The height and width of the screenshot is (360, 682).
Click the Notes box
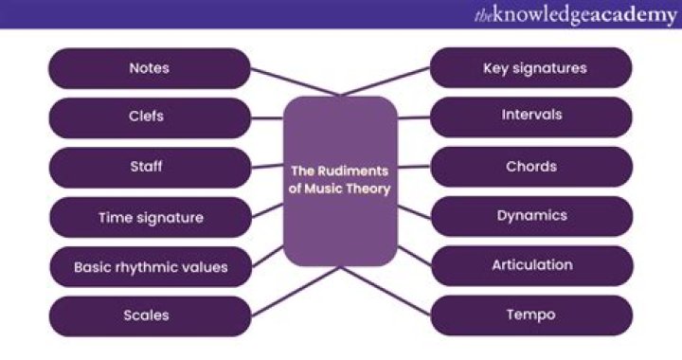click(x=149, y=68)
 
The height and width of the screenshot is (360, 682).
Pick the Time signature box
click(x=149, y=217)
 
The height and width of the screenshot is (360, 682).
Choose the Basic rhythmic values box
click(x=149, y=267)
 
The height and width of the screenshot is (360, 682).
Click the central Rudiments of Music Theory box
click(x=341, y=181)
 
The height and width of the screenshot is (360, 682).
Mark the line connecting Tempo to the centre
click(x=388, y=290)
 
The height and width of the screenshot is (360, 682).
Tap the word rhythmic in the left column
click(x=149, y=267)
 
